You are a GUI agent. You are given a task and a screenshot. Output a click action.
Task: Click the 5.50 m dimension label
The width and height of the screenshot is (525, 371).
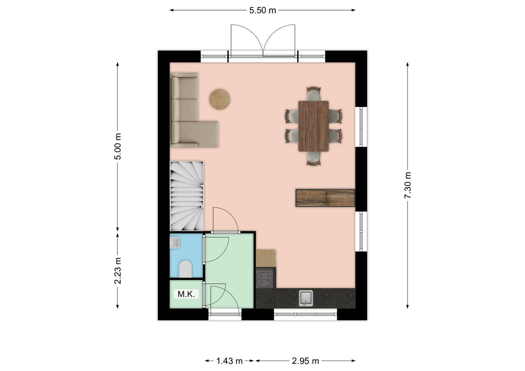click(262, 10)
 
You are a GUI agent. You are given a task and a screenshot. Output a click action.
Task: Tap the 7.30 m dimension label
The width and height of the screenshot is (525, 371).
click(408, 185)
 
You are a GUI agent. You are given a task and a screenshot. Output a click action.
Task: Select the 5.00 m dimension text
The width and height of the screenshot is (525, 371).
click(117, 147)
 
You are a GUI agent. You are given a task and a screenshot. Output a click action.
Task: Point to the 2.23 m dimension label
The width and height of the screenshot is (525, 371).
click(117, 271)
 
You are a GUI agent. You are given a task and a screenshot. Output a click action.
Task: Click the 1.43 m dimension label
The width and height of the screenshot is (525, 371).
click(230, 361)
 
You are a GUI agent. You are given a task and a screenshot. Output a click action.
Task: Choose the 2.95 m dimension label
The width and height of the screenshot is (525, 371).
click(305, 361)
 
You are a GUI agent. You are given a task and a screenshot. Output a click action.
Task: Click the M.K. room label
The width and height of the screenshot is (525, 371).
click(186, 294)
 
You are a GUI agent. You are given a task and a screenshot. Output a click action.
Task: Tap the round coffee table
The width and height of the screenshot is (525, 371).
click(219, 99)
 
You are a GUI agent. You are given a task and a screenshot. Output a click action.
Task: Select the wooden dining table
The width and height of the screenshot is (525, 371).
click(314, 126)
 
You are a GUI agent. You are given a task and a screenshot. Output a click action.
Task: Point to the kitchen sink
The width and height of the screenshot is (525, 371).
click(306, 298)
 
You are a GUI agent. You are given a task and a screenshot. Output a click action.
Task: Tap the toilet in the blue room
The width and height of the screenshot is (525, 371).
click(186, 269)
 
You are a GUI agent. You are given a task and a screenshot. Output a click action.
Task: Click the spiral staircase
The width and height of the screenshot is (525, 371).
click(187, 196)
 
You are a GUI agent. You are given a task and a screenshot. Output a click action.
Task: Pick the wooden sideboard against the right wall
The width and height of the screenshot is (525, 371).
click(325, 198)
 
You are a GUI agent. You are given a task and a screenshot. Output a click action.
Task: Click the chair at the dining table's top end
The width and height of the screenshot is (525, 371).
click(314, 93)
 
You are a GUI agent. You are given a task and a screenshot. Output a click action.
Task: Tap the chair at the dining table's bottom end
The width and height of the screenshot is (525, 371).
click(314, 159)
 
